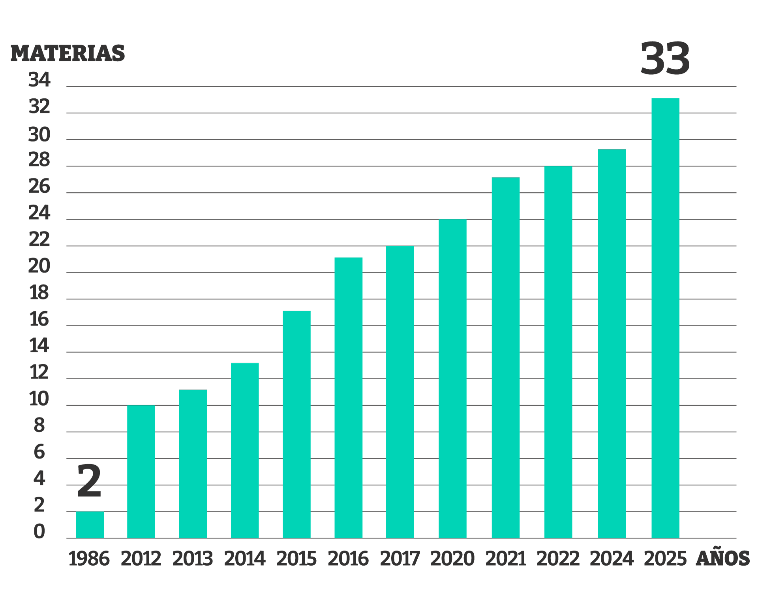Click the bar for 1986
pyautogui.click(x=90, y=525)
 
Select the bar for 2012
pyautogui.click(x=141, y=472)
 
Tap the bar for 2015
pyautogui.click(x=296, y=424)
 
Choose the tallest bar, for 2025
pyautogui.click(x=665, y=318)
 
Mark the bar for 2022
pyautogui.click(x=558, y=352)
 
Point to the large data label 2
pyautogui.click(x=89, y=481)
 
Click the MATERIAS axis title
pyautogui.click(x=68, y=53)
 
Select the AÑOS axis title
pyautogui.click(x=722, y=559)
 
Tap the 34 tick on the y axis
pyautogui.click(x=39, y=80)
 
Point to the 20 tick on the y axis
pyautogui.click(x=39, y=266)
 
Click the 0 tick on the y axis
pyautogui.click(x=39, y=532)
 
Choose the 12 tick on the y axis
pyautogui.click(x=39, y=372)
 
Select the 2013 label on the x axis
pyautogui.click(x=193, y=559)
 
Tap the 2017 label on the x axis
pyautogui.click(x=400, y=559)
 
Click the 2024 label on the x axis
pyautogui.click(x=612, y=559)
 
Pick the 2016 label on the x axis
pyautogui.click(x=348, y=559)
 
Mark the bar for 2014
pyautogui.click(x=245, y=450)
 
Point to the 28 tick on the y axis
pyautogui.click(x=39, y=160)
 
